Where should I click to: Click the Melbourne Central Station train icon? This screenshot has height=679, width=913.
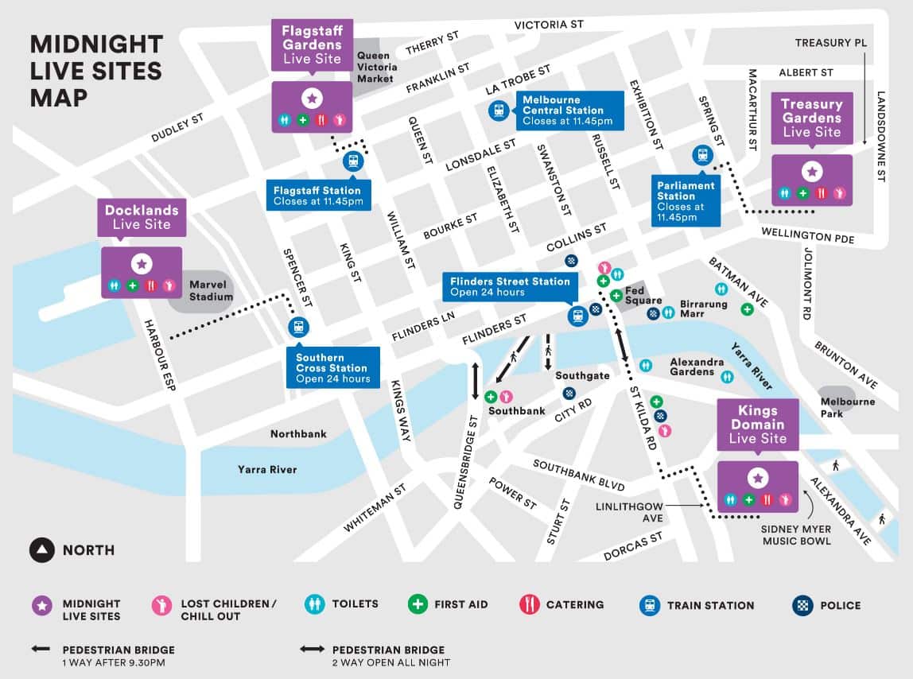(x=499, y=111)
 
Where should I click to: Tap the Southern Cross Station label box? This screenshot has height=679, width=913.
(x=332, y=368)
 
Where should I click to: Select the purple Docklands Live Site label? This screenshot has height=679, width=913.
(x=142, y=217)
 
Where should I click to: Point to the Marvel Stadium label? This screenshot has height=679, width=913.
(x=211, y=290)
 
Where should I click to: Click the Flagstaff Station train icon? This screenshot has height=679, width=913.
(x=353, y=161)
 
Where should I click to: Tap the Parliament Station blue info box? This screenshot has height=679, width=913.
(x=686, y=201)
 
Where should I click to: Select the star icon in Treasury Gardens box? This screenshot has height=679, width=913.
(x=812, y=170)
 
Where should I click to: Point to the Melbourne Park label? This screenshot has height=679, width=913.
(x=848, y=407)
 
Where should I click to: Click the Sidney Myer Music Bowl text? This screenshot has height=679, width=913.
(x=796, y=535)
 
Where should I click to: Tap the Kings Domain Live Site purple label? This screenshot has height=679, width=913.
(x=757, y=424)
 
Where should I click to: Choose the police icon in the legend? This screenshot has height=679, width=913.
(x=802, y=605)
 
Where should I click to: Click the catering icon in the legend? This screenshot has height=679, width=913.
(x=530, y=604)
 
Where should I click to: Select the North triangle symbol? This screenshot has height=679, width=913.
(x=41, y=549)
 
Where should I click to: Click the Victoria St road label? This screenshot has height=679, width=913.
(x=549, y=25)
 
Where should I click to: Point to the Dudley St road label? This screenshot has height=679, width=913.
(x=177, y=127)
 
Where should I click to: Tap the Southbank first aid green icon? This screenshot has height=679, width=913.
(x=491, y=397)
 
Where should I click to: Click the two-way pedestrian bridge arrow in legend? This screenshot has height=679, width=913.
(x=313, y=650)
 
